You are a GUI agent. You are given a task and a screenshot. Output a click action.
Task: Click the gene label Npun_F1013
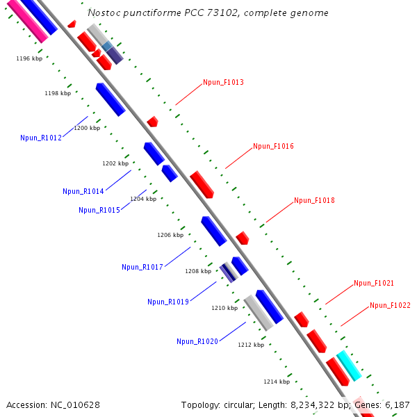223,82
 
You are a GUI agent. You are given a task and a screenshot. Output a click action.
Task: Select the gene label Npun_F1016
273,146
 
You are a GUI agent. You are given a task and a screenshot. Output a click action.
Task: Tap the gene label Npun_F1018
314,200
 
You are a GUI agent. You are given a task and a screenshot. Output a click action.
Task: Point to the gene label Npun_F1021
374,283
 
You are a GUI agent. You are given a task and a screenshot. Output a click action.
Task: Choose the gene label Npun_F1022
390,305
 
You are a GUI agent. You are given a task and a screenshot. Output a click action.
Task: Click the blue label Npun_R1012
41,138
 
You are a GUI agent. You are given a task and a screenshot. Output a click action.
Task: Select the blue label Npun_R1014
83,191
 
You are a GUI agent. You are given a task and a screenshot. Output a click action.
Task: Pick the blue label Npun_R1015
99,210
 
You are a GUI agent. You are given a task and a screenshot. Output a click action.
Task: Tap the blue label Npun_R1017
142,267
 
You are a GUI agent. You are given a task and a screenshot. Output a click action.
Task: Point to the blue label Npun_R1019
168,302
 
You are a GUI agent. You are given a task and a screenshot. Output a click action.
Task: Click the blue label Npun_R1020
197,341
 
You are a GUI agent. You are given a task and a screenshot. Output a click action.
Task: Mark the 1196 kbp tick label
29,59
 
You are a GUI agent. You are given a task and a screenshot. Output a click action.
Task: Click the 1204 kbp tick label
143,199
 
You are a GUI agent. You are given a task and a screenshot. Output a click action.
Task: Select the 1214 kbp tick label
277,382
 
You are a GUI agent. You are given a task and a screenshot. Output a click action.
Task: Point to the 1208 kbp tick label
198,271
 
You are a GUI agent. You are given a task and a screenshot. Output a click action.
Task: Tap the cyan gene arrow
349,366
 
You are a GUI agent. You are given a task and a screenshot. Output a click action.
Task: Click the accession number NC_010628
76,404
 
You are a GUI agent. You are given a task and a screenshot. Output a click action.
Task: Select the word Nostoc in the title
104,13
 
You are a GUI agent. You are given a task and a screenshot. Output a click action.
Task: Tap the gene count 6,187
398,404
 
